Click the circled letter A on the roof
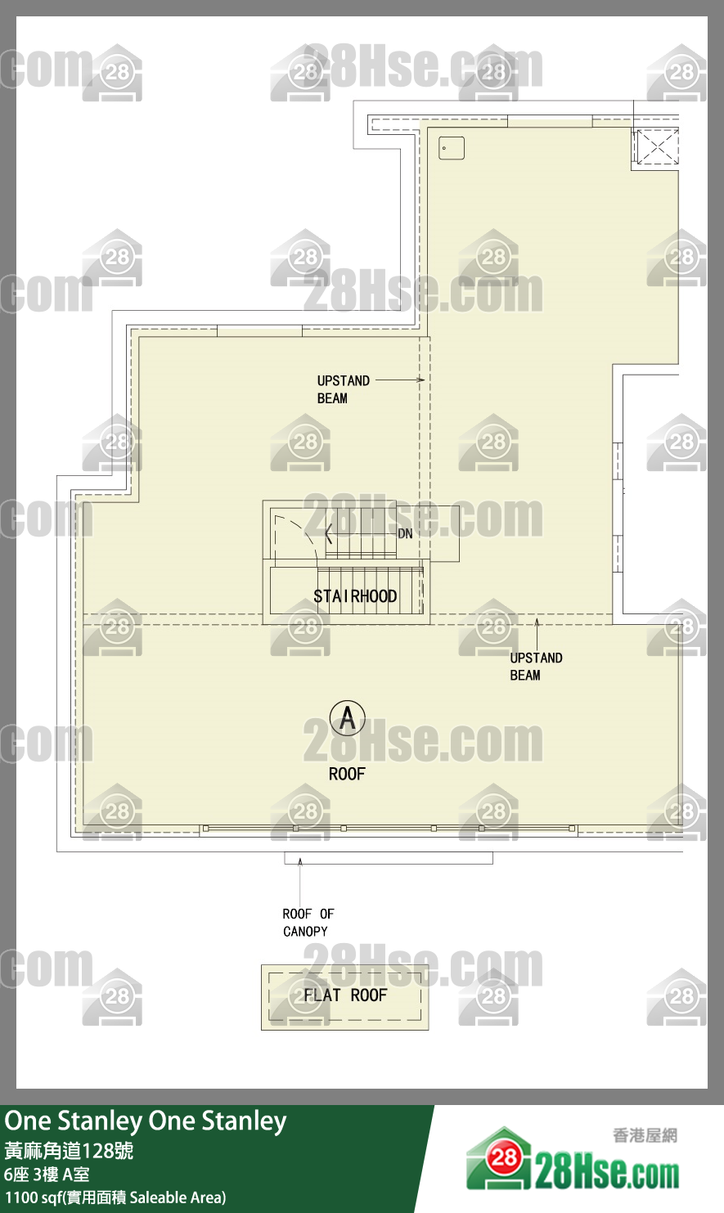[347, 718]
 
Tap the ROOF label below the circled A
[347, 774]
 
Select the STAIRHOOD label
[355, 596]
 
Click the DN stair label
[405, 533]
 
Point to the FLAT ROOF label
[345, 995]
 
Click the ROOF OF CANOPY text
[308, 922]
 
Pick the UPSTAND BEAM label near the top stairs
[344, 389]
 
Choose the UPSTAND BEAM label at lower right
[536, 666]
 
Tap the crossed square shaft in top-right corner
[656, 146]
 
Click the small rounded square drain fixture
[451, 148]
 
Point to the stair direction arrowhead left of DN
[329, 534]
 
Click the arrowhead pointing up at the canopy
[300, 861]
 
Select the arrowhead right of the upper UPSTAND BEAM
[420, 380]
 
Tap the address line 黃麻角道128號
[69, 1150]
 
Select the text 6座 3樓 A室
[47, 1174]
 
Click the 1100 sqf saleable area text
[115, 1197]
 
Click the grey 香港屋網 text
[645, 1135]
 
